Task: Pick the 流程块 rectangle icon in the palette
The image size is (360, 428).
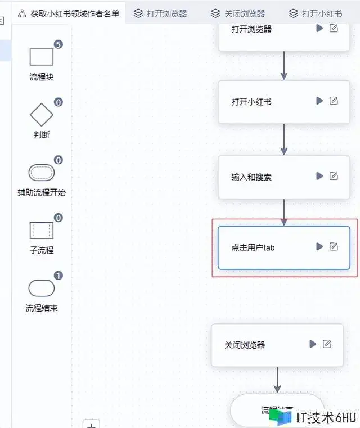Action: (42, 57)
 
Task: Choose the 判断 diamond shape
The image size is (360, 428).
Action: (42, 115)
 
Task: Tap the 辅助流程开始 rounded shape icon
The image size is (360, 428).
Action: (42, 172)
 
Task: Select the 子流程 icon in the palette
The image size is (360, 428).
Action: (42, 230)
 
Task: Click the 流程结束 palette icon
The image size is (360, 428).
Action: (42, 288)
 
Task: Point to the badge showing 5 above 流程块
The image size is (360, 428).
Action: (58, 44)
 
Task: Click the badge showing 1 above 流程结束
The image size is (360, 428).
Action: (58, 276)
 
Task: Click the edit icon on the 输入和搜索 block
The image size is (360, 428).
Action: (334, 176)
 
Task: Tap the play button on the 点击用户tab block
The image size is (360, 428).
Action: (319, 246)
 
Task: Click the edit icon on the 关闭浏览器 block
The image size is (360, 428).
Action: (327, 344)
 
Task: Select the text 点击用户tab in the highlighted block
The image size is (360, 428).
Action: (253, 247)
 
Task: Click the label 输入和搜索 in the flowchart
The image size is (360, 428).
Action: (251, 177)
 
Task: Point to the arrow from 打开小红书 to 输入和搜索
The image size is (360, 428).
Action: (284, 139)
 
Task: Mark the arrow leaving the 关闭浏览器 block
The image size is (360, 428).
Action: (277, 380)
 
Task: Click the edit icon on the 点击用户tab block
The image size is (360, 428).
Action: (334, 246)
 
